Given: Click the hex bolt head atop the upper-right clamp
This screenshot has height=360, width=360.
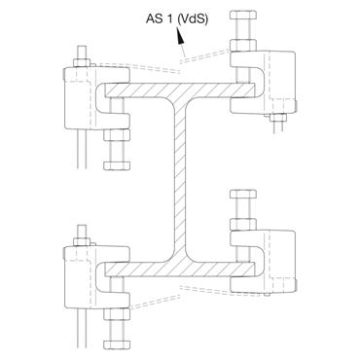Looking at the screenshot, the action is pos(242,20).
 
